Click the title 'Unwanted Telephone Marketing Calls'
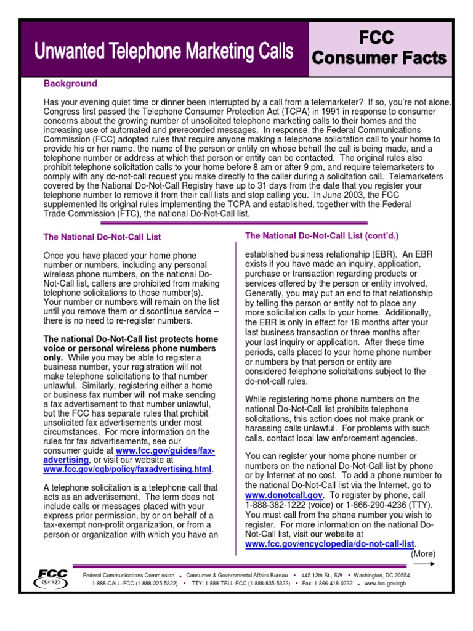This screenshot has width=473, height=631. [164, 52]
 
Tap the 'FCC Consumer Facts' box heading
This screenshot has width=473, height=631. [379, 48]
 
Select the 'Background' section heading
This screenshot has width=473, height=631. [70, 84]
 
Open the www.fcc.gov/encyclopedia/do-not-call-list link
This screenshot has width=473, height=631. [329, 544]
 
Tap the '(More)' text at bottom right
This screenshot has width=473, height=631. [423, 553]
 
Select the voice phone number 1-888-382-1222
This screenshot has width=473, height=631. [273, 505]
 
